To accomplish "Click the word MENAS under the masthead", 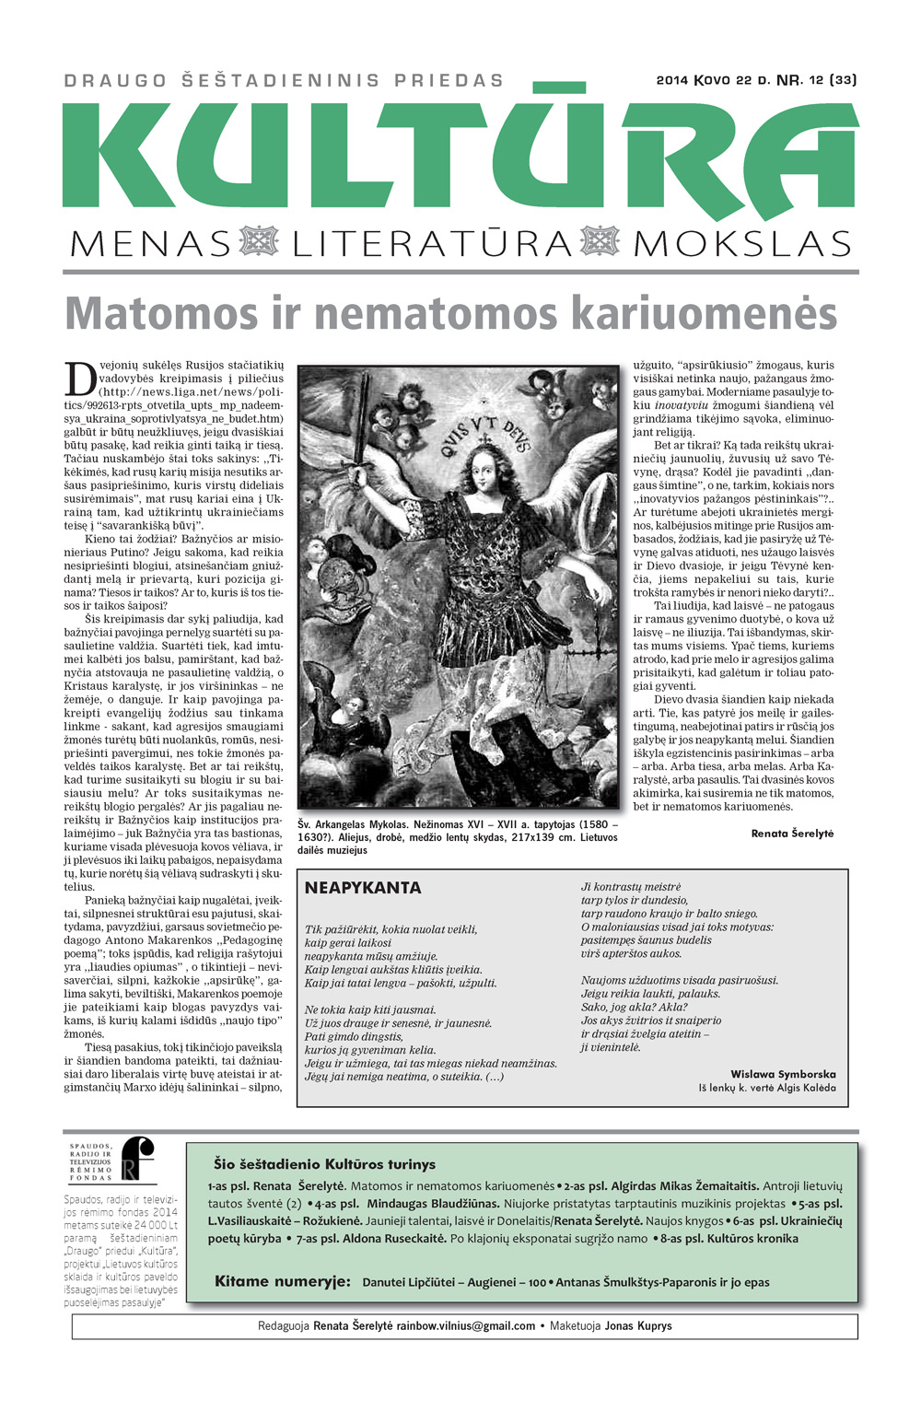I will [x=150, y=244].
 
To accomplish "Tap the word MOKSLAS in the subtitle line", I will [x=742, y=244].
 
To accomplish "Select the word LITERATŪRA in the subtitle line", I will [x=432, y=244].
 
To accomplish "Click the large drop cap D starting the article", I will [x=80, y=379].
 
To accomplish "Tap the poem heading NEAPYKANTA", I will [x=363, y=888].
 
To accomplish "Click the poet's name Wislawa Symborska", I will [x=783, y=1074].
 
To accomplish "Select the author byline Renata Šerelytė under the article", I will [x=792, y=833].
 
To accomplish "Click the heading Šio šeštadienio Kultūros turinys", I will [x=324, y=1164].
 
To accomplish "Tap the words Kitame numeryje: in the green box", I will [x=282, y=1281].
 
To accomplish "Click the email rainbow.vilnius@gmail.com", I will [x=466, y=1326].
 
